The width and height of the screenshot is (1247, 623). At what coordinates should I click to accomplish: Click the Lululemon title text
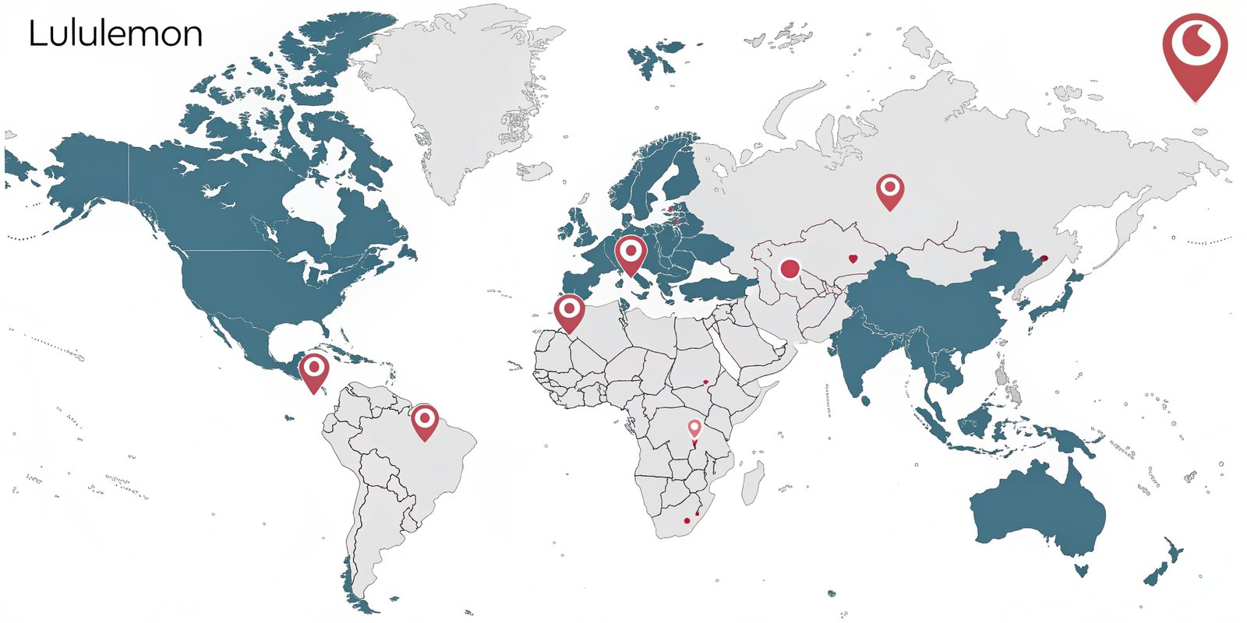tap(115, 34)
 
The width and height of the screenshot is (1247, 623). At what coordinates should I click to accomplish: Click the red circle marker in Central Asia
tap(790, 269)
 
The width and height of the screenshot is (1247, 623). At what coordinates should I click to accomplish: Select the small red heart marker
tap(853, 259)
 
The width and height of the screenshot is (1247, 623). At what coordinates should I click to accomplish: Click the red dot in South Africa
tap(687, 520)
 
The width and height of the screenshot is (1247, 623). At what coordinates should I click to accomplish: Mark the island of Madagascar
tap(752, 481)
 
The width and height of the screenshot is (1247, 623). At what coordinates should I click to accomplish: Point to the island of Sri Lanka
tap(864, 401)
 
